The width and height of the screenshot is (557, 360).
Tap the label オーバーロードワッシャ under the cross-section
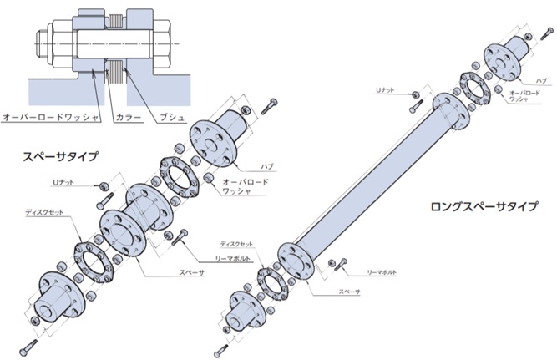click(47, 118)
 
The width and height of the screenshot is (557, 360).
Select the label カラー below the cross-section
click(124, 118)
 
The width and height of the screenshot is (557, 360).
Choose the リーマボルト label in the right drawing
click(382, 272)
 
